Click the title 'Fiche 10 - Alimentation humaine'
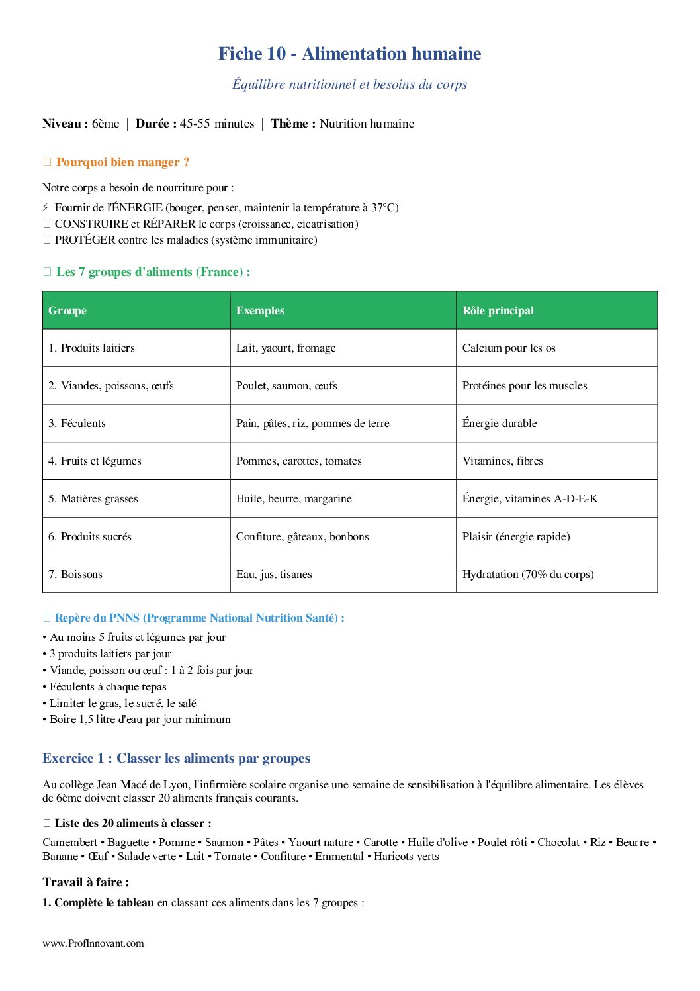click(x=349, y=54)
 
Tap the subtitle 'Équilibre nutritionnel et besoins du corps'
click(x=349, y=84)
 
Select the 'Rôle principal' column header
click(x=498, y=310)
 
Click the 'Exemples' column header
click(x=260, y=310)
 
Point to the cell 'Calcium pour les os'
click(x=509, y=348)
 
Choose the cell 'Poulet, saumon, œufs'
click(x=286, y=385)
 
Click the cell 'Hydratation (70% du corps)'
click(x=528, y=574)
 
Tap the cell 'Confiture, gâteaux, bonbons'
click(x=302, y=536)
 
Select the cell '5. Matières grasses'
click(x=93, y=498)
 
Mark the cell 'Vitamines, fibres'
click(x=502, y=461)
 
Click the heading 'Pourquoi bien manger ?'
click(x=122, y=162)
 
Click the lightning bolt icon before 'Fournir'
click(x=45, y=207)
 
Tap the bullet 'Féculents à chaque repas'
click(x=108, y=686)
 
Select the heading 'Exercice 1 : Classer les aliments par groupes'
click(x=176, y=758)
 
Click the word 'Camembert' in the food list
click(x=69, y=842)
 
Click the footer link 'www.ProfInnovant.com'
click(x=93, y=943)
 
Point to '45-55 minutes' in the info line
click(x=217, y=124)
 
